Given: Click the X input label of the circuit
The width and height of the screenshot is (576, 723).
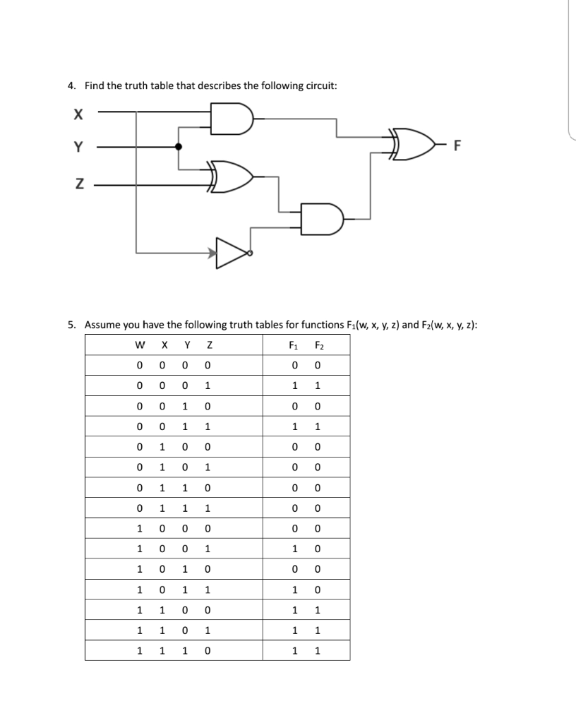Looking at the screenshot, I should [x=78, y=112].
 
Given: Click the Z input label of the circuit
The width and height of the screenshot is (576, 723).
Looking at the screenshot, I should [x=78, y=185].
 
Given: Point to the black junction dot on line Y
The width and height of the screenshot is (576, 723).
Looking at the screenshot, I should [x=178, y=147].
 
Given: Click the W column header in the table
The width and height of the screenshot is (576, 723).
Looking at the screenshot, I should [x=140, y=345].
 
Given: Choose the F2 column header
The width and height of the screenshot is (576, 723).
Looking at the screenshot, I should [x=318, y=345].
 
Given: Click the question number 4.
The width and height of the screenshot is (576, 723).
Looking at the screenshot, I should [x=71, y=86].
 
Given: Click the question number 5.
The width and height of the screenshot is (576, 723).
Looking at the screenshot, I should [x=71, y=325].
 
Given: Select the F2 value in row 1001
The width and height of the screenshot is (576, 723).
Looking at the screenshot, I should [x=318, y=549].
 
